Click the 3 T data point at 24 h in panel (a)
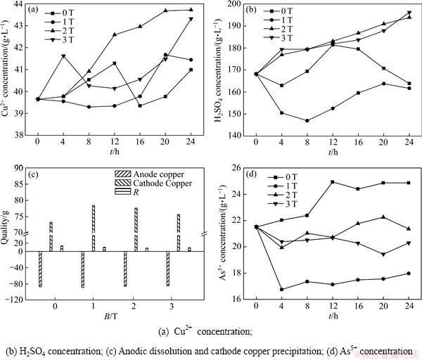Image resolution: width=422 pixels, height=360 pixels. click(x=191, y=19)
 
